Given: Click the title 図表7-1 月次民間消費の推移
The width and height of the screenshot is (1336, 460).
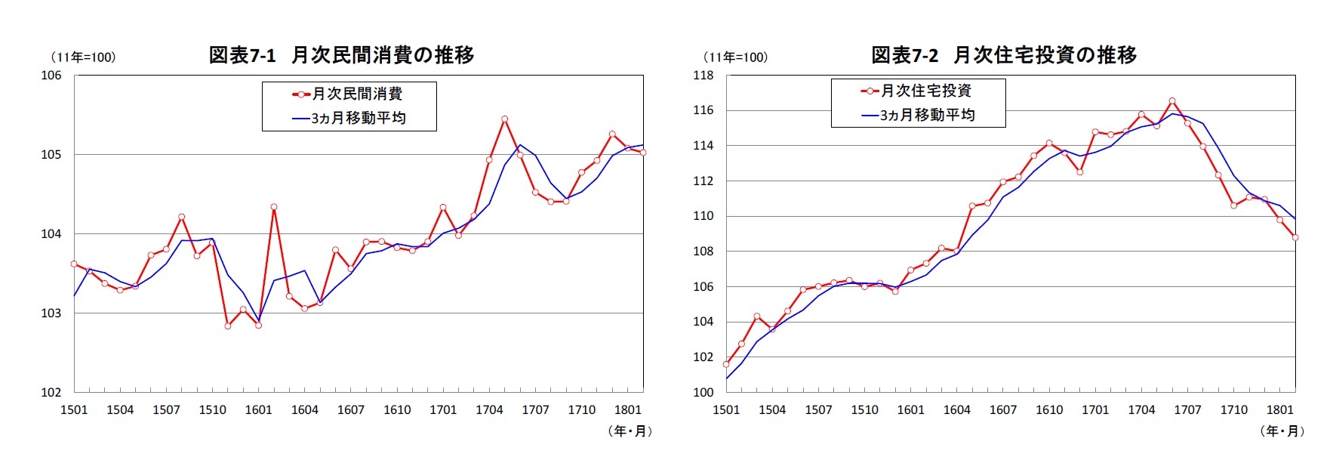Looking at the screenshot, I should (341, 55).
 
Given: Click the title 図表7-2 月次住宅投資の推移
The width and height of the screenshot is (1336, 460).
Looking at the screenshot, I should (1003, 55).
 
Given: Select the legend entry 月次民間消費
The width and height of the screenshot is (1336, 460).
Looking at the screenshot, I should (349, 94).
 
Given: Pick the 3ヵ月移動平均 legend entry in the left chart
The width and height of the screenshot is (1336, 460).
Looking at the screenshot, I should (349, 119).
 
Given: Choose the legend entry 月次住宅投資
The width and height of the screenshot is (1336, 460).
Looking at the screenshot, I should (917, 91).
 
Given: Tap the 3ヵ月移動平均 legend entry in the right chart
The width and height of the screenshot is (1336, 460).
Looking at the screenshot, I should (918, 115).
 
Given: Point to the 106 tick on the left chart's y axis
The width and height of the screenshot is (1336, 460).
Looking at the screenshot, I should (51, 76).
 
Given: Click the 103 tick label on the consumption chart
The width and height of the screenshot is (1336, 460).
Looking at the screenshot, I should (51, 313).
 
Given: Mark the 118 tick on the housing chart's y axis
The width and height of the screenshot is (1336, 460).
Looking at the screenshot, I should (703, 76).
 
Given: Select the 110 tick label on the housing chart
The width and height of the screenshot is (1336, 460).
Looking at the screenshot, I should (703, 216).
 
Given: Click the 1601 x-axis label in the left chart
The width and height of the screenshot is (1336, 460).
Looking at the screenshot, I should (258, 410).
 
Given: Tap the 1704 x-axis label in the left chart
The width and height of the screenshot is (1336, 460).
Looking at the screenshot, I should (489, 410).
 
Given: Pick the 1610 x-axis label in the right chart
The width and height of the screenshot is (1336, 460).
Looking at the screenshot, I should (1049, 410).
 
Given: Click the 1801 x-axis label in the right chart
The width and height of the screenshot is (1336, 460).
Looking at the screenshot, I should (1279, 410).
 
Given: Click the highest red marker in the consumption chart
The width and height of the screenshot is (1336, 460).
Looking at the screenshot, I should (504, 119).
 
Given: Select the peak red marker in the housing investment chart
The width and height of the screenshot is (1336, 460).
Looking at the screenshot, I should (1172, 100).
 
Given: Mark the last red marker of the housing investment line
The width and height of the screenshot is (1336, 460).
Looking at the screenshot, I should (1295, 237).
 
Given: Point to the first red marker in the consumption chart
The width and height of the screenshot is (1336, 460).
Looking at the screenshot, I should (74, 264).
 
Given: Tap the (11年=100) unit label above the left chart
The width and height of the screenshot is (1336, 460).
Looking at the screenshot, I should (83, 57).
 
